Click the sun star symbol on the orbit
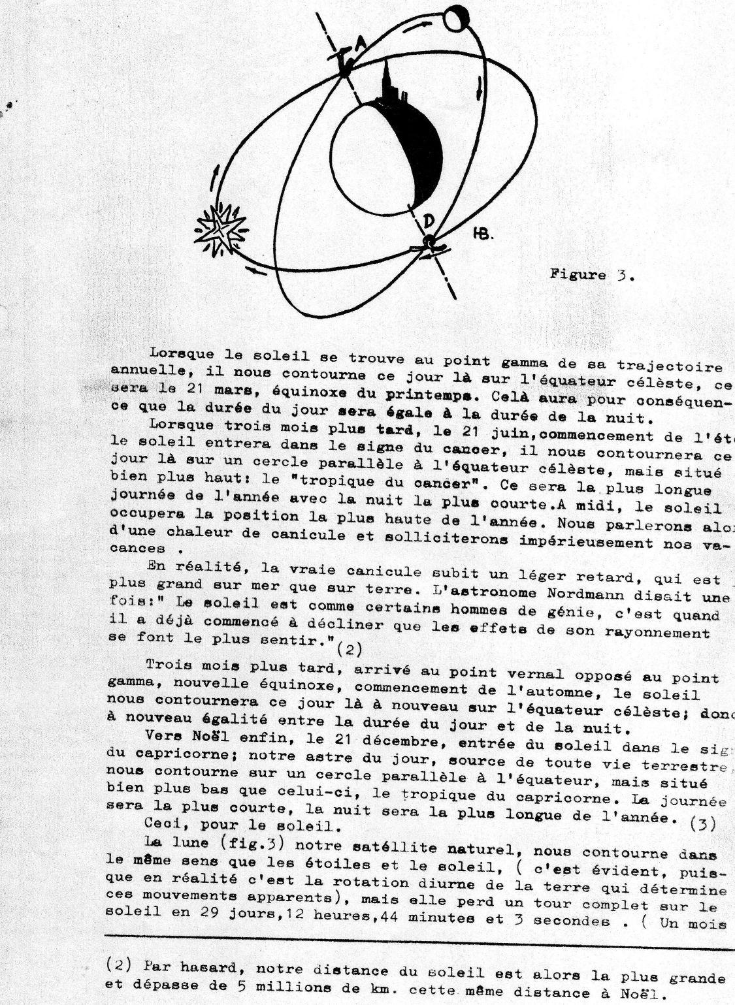(x=223, y=230)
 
